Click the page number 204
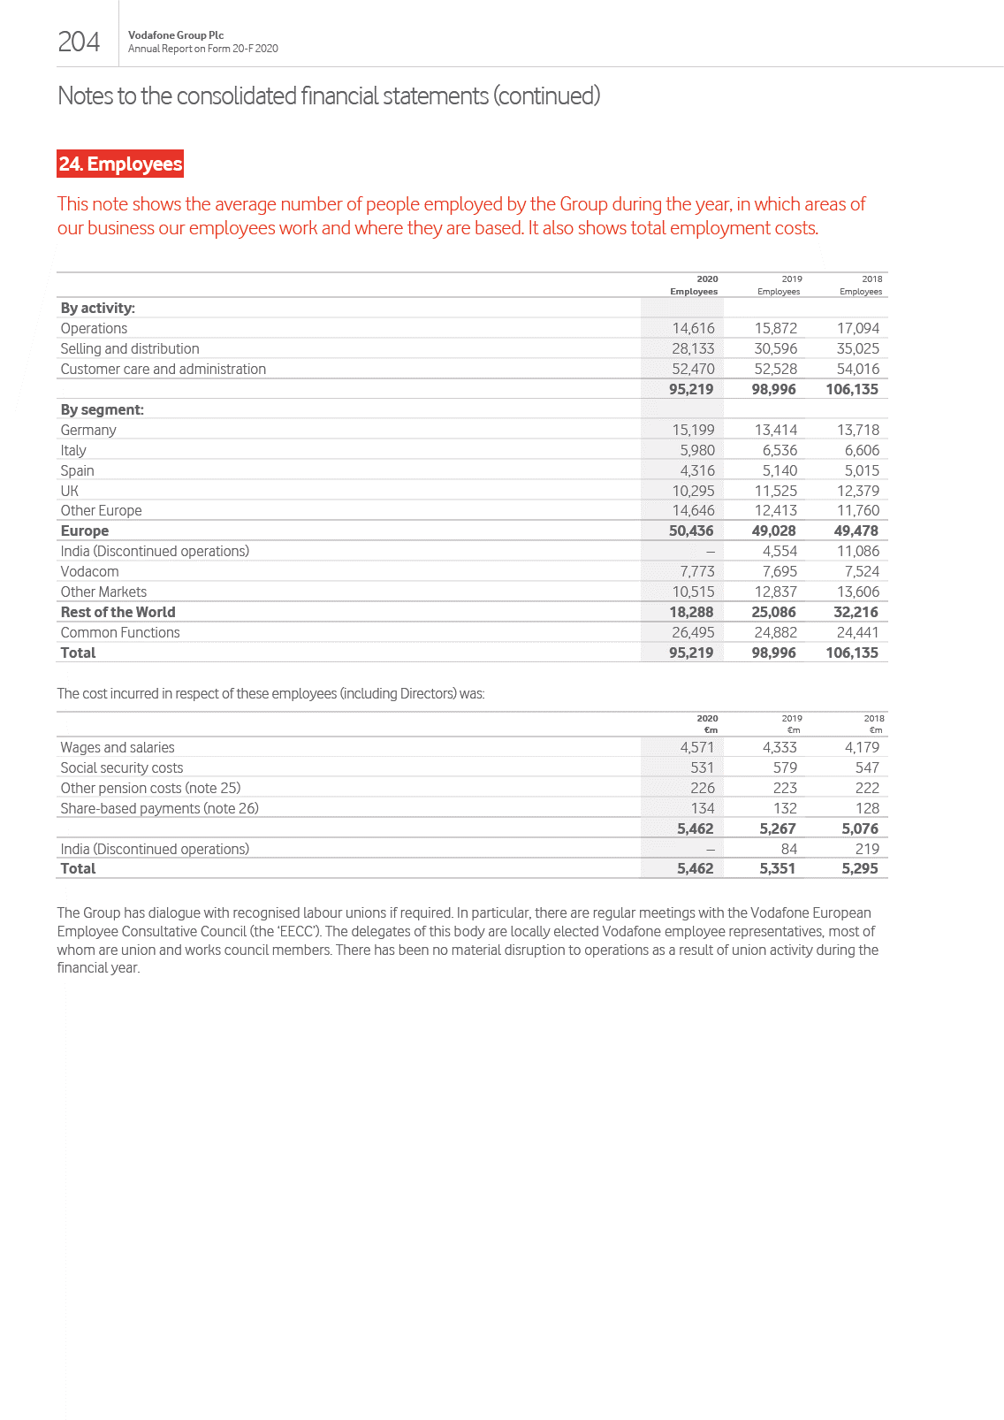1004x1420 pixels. [79, 42]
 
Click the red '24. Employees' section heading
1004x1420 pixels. [120, 164]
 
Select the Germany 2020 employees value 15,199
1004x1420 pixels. [693, 430]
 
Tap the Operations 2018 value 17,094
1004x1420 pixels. [857, 328]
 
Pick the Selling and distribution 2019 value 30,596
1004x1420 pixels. [775, 348]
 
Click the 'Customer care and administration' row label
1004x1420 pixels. [163, 369]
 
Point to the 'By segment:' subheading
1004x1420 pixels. [102, 409]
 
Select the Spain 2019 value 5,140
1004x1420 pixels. [780, 470]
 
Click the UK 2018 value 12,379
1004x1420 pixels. [857, 491]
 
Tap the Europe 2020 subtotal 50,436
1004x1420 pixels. [690, 531]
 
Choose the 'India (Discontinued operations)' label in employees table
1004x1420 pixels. [155, 551]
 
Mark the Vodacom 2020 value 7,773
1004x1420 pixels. [696, 571]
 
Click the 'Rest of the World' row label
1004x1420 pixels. [118, 612]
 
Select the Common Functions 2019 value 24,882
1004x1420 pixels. [775, 632]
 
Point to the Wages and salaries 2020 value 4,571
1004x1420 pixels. [696, 747]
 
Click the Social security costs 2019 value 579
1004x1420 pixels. [784, 767]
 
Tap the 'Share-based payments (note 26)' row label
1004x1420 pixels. [159, 808]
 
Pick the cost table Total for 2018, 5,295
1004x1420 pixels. [859, 868]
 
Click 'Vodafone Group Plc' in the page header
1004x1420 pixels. [176, 35]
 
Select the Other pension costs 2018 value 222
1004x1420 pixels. [866, 788]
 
